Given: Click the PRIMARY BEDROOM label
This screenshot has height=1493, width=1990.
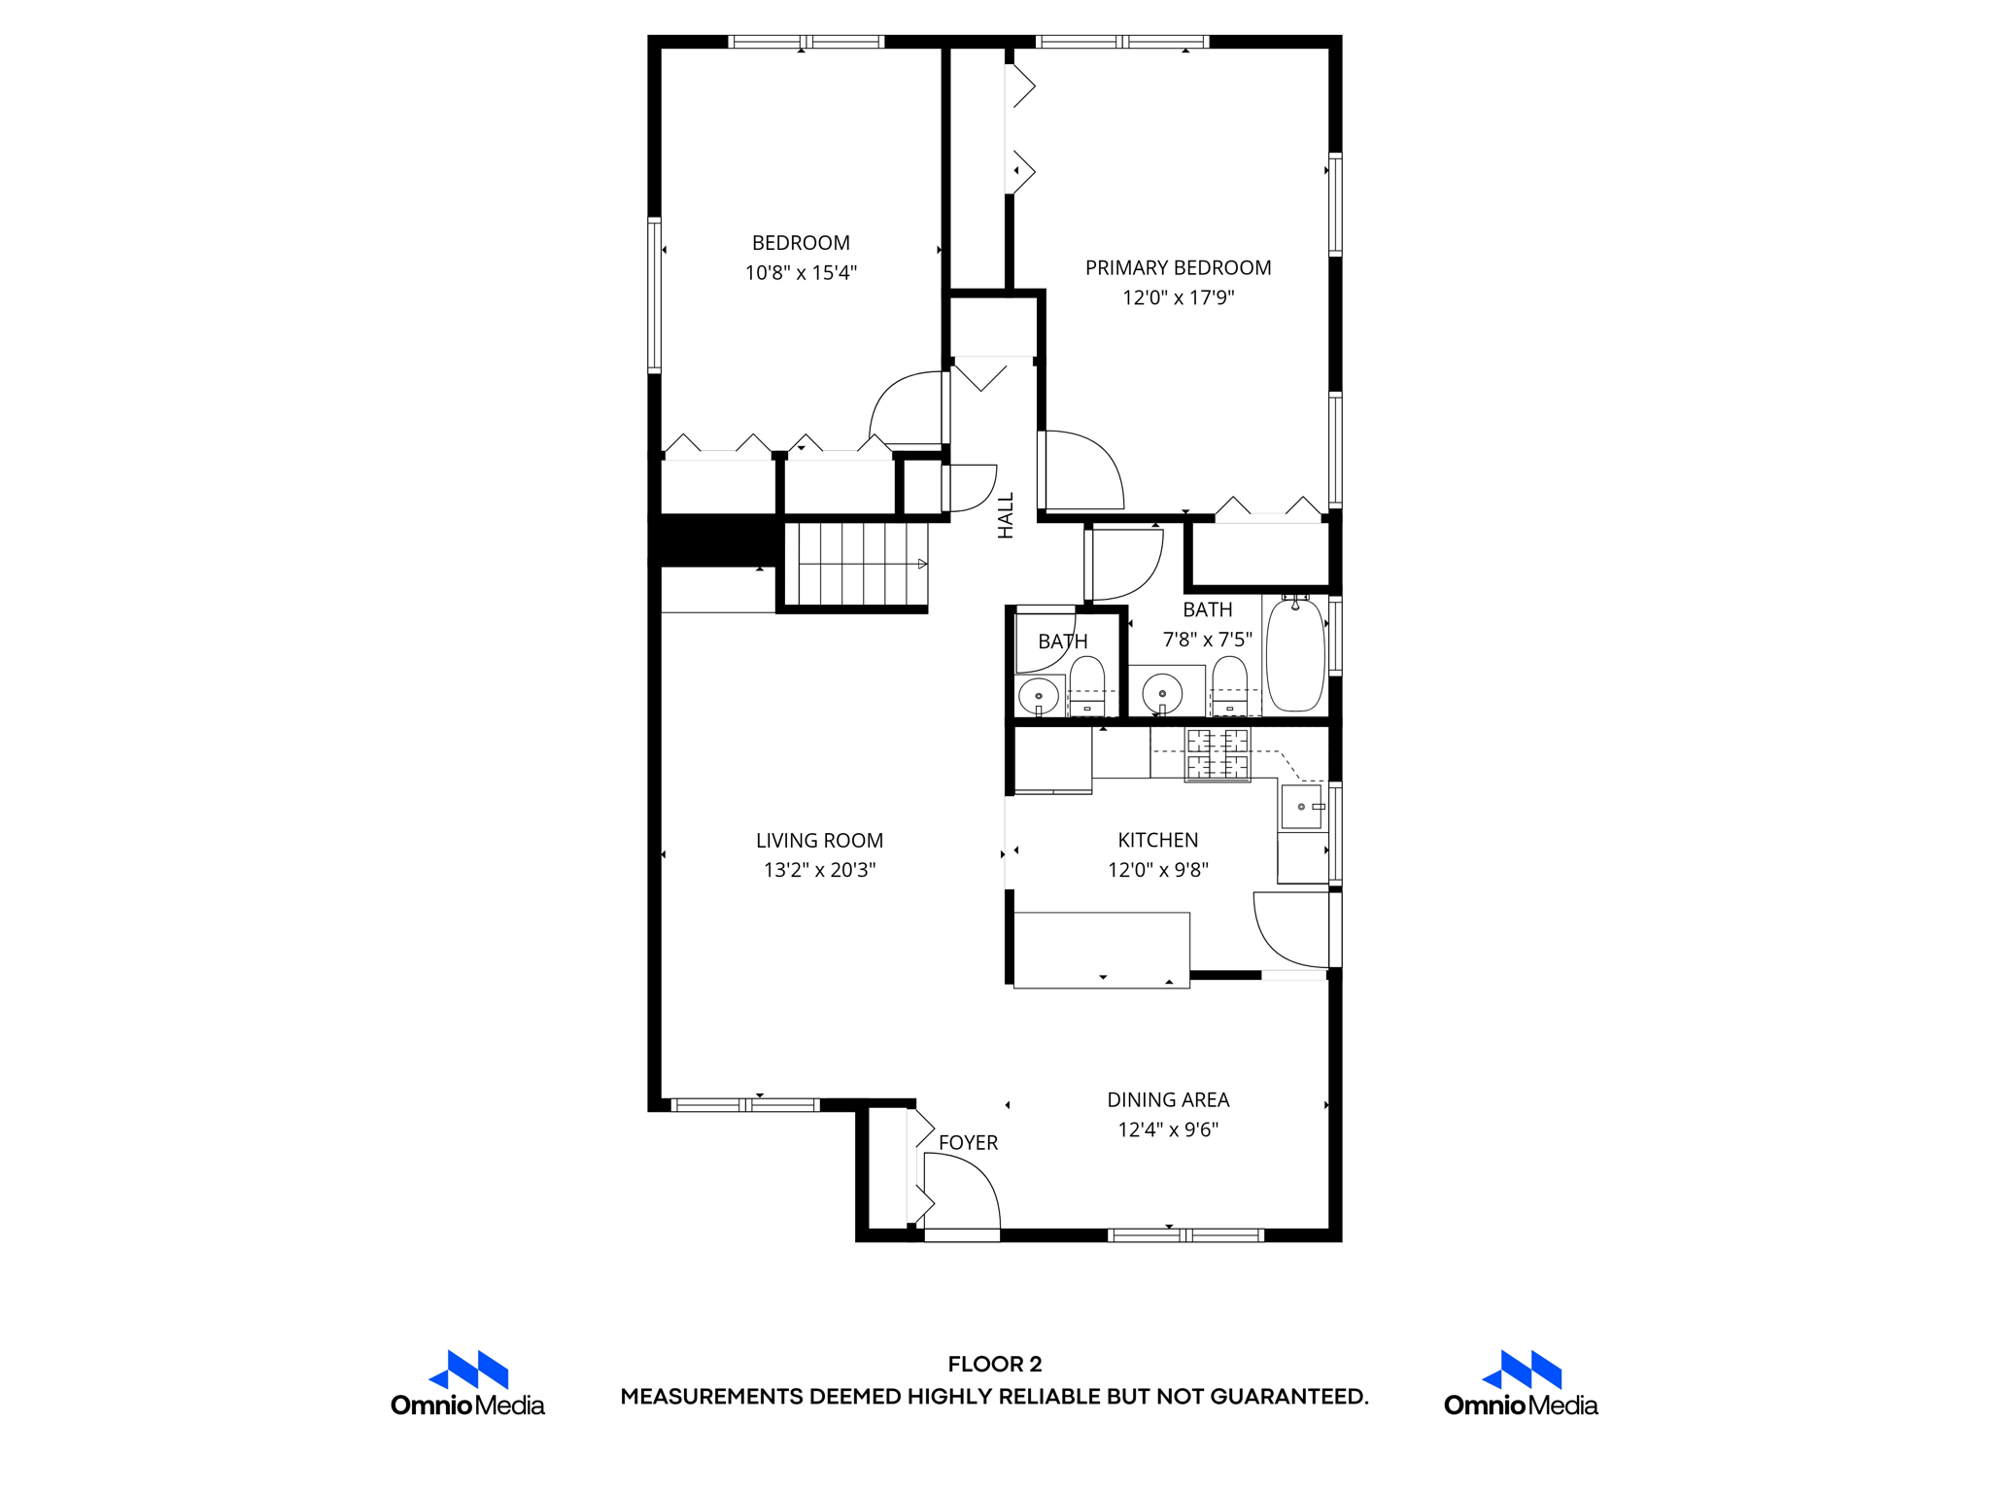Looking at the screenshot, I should (1178, 267).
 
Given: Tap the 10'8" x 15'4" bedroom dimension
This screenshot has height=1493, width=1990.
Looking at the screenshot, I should (801, 273).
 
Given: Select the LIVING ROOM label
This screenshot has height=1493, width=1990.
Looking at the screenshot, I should (819, 840).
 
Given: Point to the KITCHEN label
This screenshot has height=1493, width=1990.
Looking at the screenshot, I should (1157, 840).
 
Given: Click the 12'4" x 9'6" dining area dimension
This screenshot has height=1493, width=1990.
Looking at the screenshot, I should (1168, 1129).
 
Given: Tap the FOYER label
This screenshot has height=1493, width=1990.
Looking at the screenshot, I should (968, 1143).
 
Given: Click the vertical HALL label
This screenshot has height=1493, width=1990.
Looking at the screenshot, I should (1006, 515).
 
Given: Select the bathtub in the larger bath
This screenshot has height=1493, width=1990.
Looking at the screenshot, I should (1295, 656).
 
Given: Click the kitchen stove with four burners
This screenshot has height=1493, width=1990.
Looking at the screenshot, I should (1218, 754).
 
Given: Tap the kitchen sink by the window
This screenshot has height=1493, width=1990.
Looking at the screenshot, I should (1301, 807).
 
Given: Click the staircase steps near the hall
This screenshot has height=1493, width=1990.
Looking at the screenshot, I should (855, 565).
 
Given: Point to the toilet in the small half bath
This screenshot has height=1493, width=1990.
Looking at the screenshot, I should (1086, 684).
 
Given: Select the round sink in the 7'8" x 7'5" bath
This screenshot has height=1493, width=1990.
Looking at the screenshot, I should (1162, 694).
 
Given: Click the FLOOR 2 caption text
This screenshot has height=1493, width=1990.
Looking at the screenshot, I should (995, 1364).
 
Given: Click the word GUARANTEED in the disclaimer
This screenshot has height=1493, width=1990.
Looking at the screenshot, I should (1287, 1397).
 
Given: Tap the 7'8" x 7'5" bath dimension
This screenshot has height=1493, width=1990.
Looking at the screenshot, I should (1207, 640).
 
